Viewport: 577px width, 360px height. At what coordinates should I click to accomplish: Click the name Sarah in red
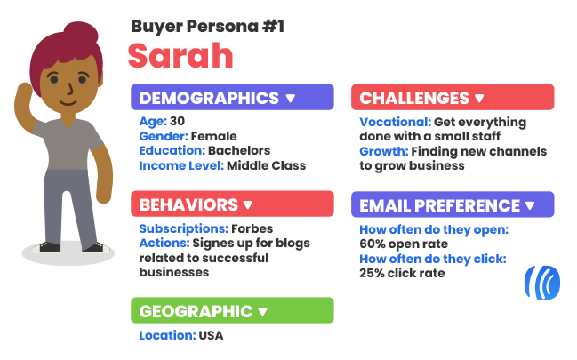click(180, 56)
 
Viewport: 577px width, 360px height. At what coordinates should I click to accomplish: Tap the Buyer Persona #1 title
click(207, 27)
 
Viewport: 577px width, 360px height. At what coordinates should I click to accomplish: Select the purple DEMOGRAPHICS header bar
click(232, 97)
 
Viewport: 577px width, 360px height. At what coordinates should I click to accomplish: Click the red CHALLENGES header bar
click(453, 97)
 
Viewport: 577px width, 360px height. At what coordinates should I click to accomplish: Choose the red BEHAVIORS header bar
click(232, 204)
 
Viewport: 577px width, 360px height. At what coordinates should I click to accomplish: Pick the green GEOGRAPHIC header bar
click(232, 310)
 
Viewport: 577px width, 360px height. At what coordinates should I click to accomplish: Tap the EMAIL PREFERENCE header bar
click(453, 204)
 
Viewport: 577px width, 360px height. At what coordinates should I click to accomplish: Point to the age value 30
click(178, 121)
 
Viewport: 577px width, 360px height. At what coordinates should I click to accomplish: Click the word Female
click(213, 136)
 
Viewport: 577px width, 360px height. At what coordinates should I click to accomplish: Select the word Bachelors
click(239, 150)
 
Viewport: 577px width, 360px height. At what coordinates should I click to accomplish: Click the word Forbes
click(252, 228)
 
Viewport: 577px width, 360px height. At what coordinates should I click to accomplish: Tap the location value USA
click(211, 335)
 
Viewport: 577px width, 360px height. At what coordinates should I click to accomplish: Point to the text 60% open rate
click(404, 244)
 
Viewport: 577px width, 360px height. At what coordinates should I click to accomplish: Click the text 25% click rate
click(402, 273)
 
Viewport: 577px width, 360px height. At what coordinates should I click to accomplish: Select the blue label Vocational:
click(396, 122)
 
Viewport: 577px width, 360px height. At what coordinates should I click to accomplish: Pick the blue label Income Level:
click(181, 165)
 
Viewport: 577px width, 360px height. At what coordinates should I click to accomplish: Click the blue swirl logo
click(542, 283)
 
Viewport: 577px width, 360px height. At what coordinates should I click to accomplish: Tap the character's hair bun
click(81, 32)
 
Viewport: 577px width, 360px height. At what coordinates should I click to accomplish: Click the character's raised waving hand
click(24, 94)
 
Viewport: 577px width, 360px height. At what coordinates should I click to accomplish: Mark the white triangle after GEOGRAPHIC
click(263, 312)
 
